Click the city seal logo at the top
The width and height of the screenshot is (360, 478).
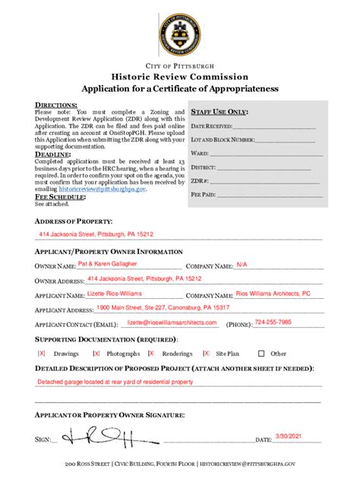[180, 34]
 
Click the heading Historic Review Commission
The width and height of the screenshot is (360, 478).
[180, 77]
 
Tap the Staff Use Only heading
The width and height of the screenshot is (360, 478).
[221, 111]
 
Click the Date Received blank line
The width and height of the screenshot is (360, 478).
[273, 126]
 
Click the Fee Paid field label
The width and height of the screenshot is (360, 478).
[203, 194]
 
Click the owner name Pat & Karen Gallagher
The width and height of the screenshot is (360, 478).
[108, 264]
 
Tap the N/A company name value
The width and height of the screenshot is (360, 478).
[242, 264]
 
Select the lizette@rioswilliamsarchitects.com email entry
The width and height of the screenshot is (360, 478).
[172, 322]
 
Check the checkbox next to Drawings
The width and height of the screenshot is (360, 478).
[42, 354]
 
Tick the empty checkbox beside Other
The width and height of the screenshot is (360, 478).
[261, 354]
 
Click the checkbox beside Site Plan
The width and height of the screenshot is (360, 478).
[206, 354]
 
